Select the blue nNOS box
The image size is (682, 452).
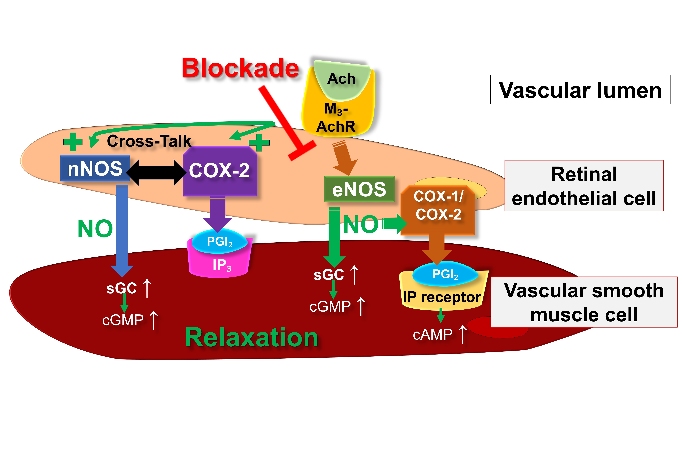click(x=95, y=169)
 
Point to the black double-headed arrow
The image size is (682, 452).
click(x=156, y=172)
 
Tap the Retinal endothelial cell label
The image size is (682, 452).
click(x=584, y=186)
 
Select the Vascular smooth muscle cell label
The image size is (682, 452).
click(x=584, y=302)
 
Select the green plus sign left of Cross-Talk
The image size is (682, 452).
click(x=73, y=142)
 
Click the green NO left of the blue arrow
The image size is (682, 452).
click(x=95, y=229)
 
